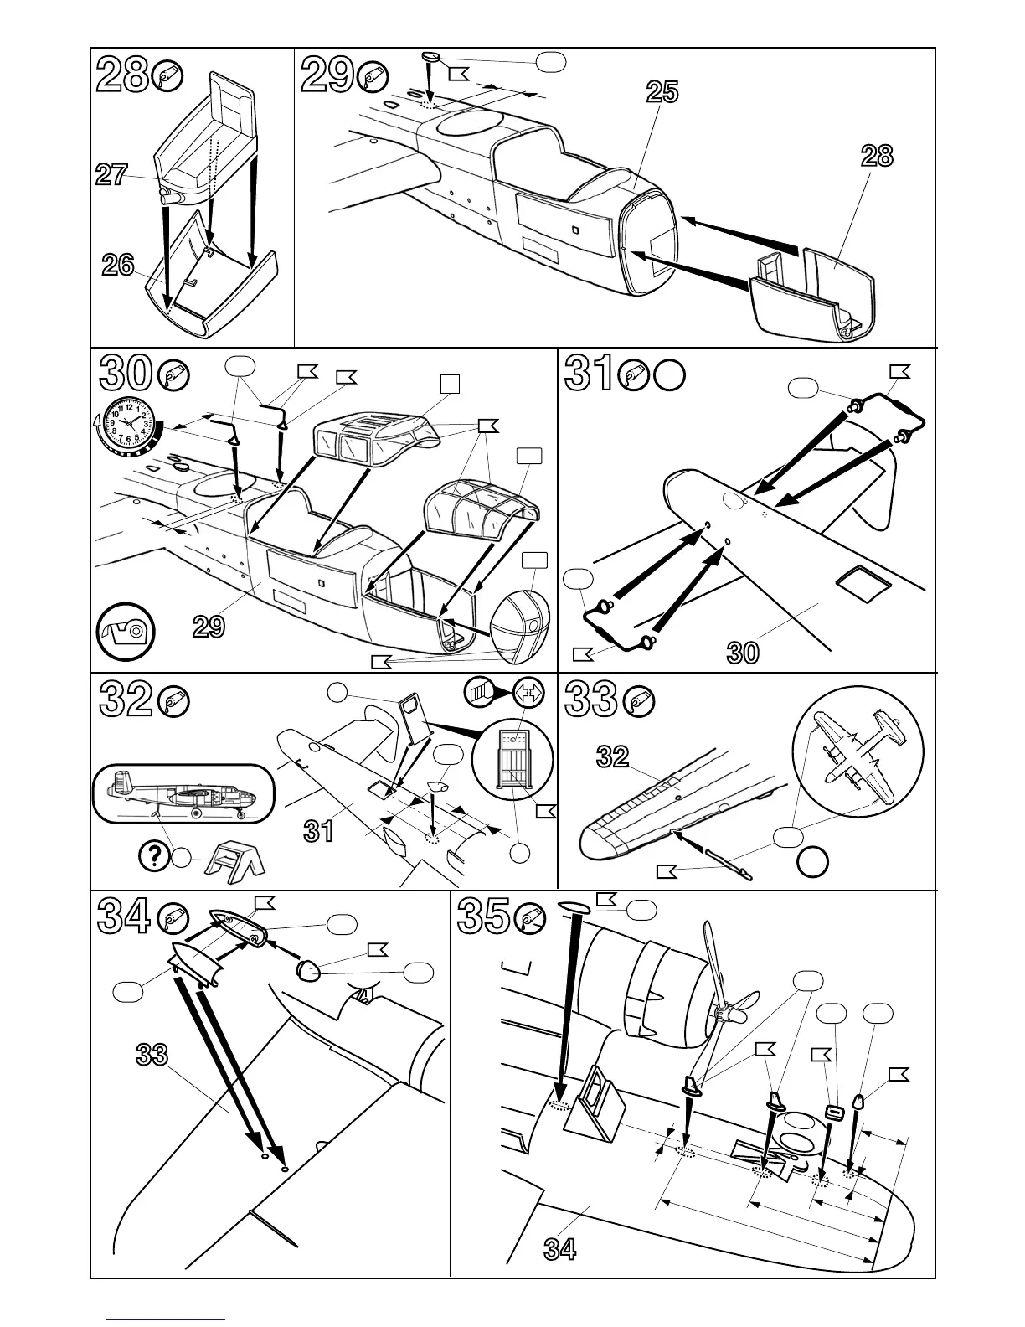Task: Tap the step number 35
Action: pyautogui.click(x=484, y=918)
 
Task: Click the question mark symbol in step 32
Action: pyautogui.click(x=152, y=855)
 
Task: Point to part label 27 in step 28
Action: pyautogui.click(x=111, y=175)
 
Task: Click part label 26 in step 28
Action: pyautogui.click(x=118, y=265)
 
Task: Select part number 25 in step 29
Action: pyautogui.click(x=662, y=92)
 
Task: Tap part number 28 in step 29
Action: pyautogui.click(x=877, y=156)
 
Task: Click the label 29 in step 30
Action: pyautogui.click(x=209, y=626)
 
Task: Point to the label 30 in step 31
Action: pyautogui.click(x=743, y=652)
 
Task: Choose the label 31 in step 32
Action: pyautogui.click(x=319, y=831)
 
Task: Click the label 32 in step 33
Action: pyautogui.click(x=612, y=756)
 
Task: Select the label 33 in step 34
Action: pyautogui.click(x=152, y=1055)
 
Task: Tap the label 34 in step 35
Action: pyautogui.click(x=560, y=1249)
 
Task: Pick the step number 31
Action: pyautogui.click(x=591, y=374)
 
